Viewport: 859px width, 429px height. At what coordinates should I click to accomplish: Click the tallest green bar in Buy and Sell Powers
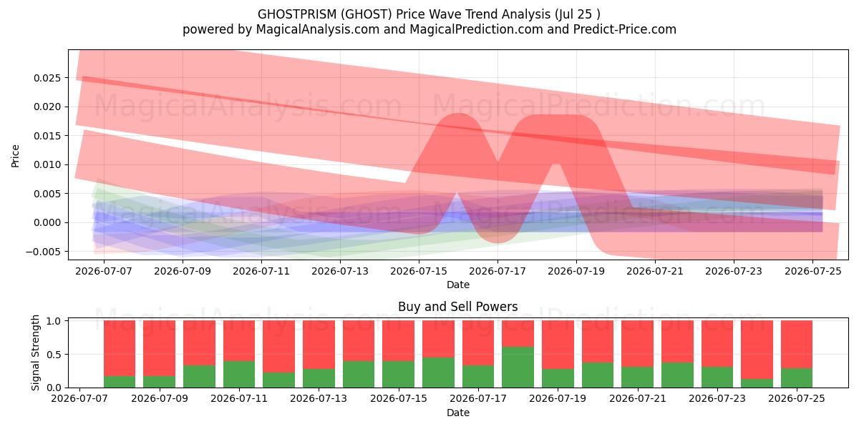[x=518, y=367]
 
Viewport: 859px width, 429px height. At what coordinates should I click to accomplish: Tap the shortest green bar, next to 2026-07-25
[x=757, y=383]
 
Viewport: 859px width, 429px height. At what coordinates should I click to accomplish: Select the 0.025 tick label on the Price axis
[x=47, y=78]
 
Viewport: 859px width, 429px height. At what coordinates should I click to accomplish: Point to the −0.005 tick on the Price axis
[x=44, y=252]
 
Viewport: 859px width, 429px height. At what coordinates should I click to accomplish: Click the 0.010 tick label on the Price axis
[x=47, y=165]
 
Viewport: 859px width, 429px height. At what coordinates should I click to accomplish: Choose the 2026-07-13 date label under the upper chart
[x=340, y=272]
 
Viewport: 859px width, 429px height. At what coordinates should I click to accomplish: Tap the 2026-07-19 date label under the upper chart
[x=576, y=272]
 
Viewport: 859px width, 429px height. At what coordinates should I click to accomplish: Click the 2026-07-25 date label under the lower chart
[x=797, y=399]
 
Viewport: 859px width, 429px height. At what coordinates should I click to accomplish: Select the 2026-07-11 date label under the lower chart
[x=239, y=399]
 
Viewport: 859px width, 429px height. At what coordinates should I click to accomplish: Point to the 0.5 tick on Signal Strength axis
[x=54, y=355]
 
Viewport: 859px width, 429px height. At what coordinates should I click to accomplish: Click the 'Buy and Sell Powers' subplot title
[x=458, y=307]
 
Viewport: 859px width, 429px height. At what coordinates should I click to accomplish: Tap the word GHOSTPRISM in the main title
[x=297, y=14]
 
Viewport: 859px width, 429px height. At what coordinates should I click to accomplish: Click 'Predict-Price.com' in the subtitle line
[x=625, y=29]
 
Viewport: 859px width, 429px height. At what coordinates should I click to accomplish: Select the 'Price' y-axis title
[x=15, y=156]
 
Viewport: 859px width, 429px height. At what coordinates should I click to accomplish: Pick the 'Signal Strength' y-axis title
[x=35, y=352]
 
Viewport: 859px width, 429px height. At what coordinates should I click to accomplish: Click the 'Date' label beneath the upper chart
[x=458, y=285]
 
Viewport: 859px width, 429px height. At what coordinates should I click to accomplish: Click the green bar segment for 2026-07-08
[x=120, y=382]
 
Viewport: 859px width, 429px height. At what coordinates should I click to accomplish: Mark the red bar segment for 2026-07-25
[x=797, y=345]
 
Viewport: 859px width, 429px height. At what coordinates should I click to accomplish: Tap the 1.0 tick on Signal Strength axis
[x=54, y=321]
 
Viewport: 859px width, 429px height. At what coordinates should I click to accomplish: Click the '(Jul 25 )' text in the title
[x=578, y=14]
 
